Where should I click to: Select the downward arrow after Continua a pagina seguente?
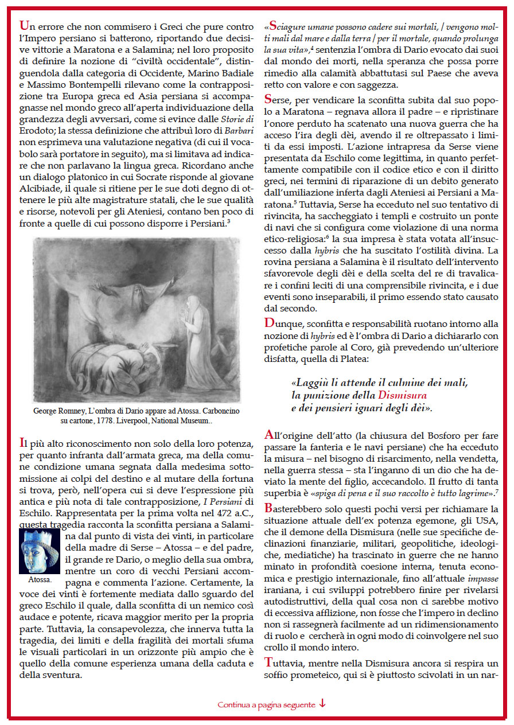[322, 704]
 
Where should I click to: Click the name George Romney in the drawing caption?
[56, 411]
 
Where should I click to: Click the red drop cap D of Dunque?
[269, 323]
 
